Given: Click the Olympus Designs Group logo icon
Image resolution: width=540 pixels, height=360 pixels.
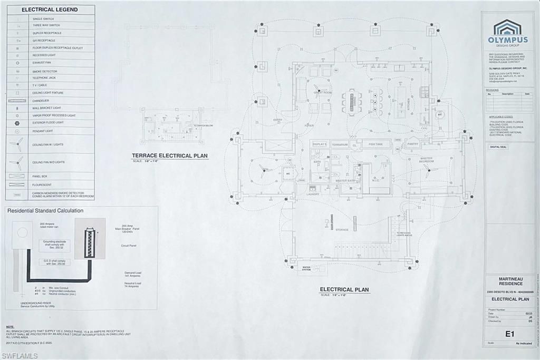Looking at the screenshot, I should pos(507,27).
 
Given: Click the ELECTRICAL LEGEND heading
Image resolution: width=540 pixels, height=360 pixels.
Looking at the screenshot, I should pos(50,9).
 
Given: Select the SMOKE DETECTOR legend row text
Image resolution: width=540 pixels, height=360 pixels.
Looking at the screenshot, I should pos(44,71).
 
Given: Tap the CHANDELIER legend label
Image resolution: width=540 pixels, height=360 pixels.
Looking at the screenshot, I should pos(41,101).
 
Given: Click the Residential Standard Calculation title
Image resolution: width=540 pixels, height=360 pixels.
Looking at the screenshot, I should pos(45,211).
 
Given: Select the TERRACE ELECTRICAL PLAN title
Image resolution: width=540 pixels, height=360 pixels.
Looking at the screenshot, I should pos(170,156).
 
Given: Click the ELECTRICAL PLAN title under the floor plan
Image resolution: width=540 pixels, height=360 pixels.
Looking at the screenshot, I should pos(344,290).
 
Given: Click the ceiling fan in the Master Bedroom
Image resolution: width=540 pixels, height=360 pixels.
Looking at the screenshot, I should pos(428,169).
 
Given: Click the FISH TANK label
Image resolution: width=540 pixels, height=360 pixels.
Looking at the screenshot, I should pos(376,144).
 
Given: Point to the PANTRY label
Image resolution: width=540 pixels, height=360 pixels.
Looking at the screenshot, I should pos(412,144).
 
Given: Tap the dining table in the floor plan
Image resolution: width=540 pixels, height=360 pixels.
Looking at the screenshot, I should pos(351,100).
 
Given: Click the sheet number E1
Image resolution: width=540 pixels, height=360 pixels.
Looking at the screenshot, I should pos(509,333).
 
